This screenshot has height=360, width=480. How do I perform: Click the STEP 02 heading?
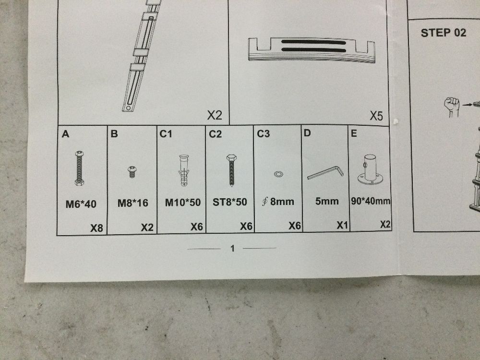click(x=443, y=33)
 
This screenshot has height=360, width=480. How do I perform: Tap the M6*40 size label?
click(x=81, y=204)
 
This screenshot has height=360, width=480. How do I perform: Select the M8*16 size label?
click(x=133, y=203)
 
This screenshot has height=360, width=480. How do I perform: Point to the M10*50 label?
click(x=183, y=203)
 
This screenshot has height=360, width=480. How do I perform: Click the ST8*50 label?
click(x=229, y=202)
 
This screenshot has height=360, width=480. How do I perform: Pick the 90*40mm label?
click(x=371, y=201)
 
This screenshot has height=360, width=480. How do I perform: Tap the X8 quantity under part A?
click(x=96, y=228)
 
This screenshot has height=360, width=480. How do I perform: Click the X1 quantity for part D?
click(x=342, y=225)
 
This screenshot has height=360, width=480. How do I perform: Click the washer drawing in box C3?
click(x=278, y=174)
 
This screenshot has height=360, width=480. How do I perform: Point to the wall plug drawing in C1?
click(x=183, y=170)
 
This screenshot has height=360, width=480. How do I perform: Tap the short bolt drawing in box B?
click(x=132, y=172)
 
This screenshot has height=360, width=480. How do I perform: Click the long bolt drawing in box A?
click(x=79, y=168)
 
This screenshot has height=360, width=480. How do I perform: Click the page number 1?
click(x=232, y=248)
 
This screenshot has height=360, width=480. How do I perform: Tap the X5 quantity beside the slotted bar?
click(x=376, y=116)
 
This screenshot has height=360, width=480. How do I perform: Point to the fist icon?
click(x=452, y=107)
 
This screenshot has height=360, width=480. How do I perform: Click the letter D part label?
click(x=307, y=133)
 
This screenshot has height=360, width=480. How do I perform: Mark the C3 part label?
click(x=263, y=134)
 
